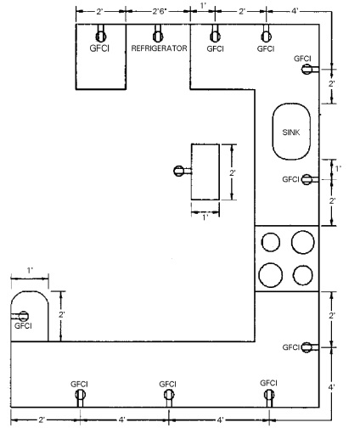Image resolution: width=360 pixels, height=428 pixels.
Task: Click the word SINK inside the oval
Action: tap(291, 132)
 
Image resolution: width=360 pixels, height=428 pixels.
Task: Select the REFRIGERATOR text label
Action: tap(158, 49)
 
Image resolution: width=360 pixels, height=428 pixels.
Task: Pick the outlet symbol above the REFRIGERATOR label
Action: tap(158, 35)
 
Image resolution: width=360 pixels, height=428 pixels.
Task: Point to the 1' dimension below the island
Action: tap(204, 217)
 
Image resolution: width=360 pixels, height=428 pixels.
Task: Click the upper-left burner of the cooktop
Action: tap(270, 242)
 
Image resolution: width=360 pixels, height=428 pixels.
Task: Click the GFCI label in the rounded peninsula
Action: tap(23, 325)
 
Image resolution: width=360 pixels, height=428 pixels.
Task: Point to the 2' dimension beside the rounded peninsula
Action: tap(62, 314)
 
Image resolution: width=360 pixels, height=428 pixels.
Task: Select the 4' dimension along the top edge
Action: tap(294, 12)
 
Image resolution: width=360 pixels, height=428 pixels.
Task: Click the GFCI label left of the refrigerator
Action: tap(100, 49)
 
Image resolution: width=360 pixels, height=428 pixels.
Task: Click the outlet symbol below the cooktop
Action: tap(307, 346)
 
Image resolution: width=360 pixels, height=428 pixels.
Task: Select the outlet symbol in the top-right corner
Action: tap(305, 69)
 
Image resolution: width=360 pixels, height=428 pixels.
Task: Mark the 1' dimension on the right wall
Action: tap(339, 169)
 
